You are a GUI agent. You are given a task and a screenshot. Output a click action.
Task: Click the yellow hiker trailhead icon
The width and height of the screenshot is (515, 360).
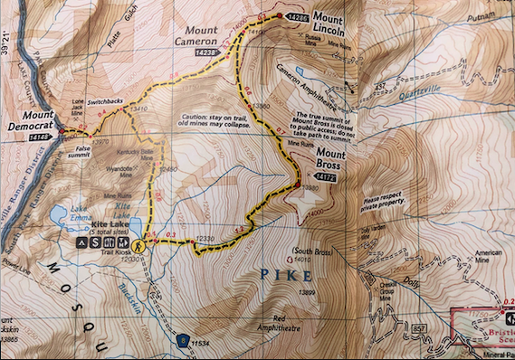(x=138, y=245)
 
